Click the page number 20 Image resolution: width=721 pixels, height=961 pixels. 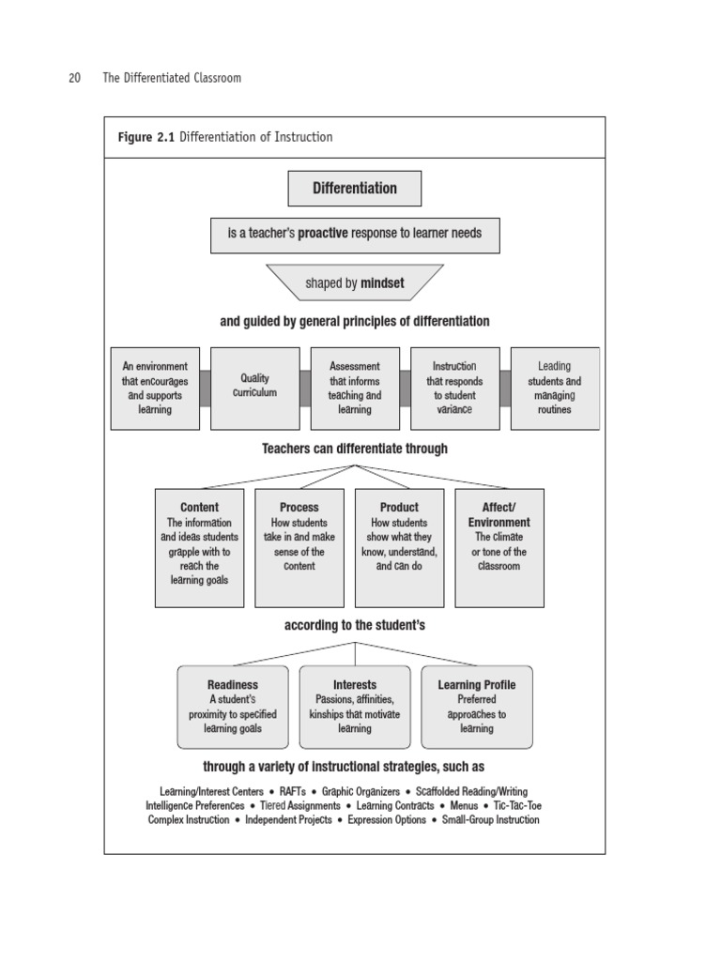coord(74,78)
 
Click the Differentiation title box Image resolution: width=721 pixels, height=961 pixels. coord(354,189)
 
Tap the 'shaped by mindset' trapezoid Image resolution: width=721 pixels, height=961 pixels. coord(354,282)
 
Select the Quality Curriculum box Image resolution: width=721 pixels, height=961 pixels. coord(254,388)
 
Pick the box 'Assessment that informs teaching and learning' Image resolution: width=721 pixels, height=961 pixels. coord(354,388)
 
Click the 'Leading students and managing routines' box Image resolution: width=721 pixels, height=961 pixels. coord(554,388)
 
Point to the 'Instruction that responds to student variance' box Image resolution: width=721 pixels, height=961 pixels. coord(454,388)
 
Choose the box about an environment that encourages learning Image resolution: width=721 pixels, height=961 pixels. coord(155,388)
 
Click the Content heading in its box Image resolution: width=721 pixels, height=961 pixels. coord(199,507)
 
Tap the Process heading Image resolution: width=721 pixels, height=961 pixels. coord(299,507)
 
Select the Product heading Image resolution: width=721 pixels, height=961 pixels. coord(399,507)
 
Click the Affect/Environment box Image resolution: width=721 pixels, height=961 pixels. coord(499,546)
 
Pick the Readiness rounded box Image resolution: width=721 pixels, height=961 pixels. coord(232,707)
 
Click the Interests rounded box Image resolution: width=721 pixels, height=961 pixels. coord(354,707)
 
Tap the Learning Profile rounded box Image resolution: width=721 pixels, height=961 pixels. coord(476,707)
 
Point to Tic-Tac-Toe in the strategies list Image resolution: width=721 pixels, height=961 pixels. coord(517,805)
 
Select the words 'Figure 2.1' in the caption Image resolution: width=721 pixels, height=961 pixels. coord(146,137)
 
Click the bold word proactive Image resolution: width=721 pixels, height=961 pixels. coord(323,233)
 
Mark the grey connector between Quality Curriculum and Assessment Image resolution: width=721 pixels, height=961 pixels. coord(305,388)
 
